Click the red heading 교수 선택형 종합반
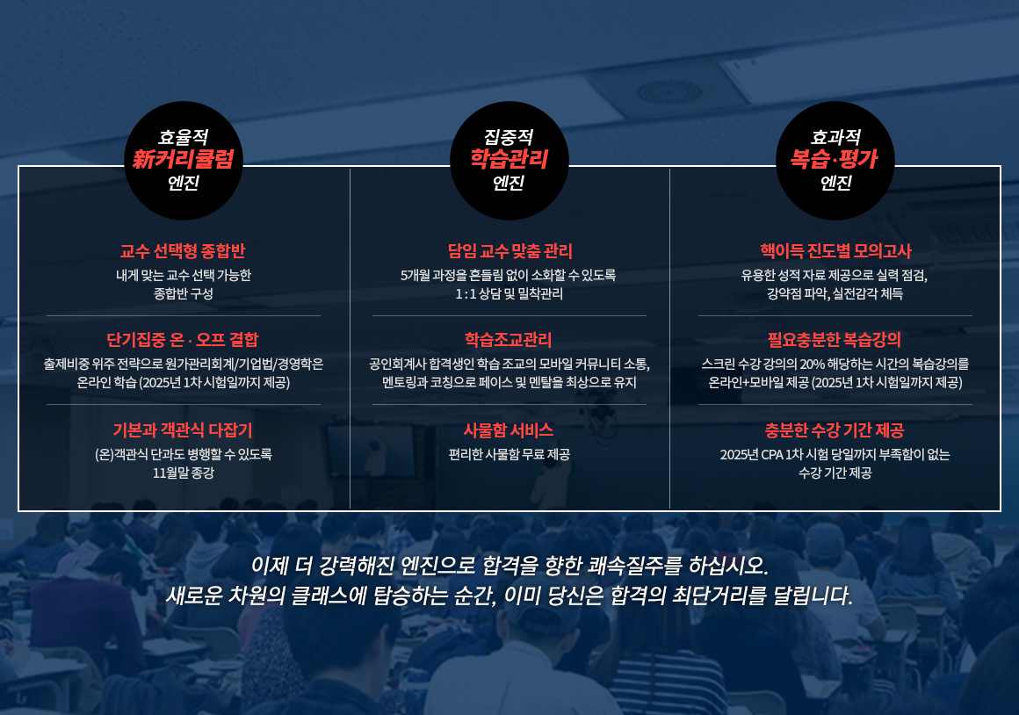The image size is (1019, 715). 183,251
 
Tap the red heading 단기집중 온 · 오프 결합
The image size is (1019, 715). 183,339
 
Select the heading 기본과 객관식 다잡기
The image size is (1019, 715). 183,430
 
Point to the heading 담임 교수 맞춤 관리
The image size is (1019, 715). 510,251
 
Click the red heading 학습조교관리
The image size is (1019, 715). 509,339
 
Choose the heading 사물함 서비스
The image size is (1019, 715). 509,430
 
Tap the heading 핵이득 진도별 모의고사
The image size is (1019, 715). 835,251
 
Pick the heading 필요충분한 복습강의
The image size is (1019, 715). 835,339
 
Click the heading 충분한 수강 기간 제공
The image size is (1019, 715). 835,430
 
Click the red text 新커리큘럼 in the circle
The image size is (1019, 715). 184,159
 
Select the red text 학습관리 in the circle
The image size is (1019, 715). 509,159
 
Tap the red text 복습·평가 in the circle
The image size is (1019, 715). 835,159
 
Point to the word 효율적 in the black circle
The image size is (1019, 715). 184,137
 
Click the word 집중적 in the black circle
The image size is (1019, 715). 509,137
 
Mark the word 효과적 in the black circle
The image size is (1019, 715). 835,137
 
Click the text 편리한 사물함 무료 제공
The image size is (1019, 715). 509,454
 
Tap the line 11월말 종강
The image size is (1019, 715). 184,473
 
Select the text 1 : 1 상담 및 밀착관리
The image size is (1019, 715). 509,293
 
